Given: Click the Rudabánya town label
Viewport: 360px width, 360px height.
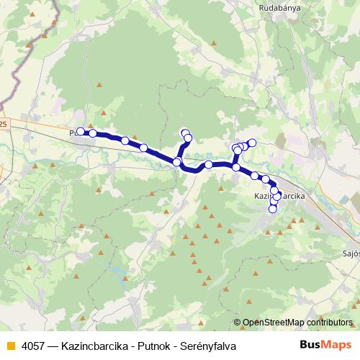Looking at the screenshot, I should click(280, 9).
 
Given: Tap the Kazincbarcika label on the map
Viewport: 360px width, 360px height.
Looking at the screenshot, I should click(280, 196).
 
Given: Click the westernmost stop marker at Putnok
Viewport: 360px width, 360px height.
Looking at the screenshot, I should click(81, 131).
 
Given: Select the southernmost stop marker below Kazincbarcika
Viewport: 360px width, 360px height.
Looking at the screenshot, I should click(273, 210).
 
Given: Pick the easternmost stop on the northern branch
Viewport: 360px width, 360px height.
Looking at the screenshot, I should click(252, 143).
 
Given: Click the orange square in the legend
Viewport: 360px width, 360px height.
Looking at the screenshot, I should click(10, 346).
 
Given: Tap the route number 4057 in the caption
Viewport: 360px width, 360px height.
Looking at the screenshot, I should click(34, 346).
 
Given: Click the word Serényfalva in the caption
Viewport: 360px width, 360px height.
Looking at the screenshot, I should click(207, 346).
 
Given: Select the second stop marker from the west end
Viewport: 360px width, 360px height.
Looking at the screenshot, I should click(93, 133).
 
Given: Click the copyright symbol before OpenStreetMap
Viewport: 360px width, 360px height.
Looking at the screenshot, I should click(237, 323).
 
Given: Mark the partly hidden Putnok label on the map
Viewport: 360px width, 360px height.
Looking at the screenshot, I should click(73, 133).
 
